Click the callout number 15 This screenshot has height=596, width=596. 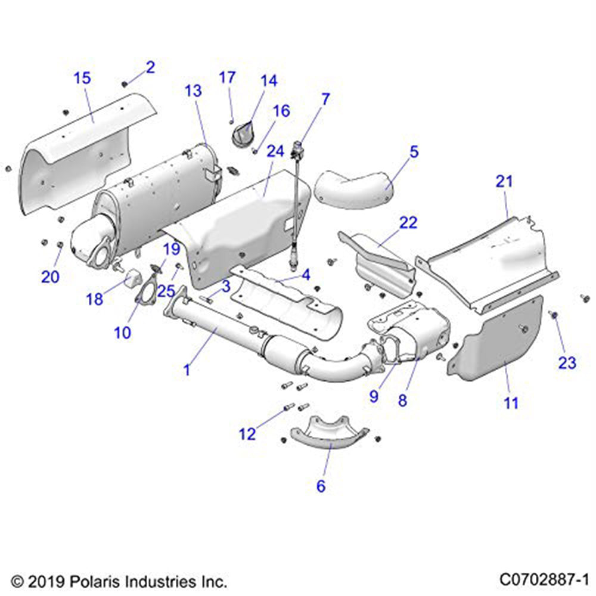82,77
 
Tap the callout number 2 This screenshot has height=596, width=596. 150,67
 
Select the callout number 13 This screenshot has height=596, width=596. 193,91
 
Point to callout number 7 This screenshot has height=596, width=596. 325,99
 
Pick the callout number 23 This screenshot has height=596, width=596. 567,362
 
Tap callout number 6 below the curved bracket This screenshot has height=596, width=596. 321,486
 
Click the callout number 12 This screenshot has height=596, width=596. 247,434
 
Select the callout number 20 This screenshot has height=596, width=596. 50,276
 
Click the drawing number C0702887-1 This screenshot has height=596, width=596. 544,579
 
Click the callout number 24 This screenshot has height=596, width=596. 275,152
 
